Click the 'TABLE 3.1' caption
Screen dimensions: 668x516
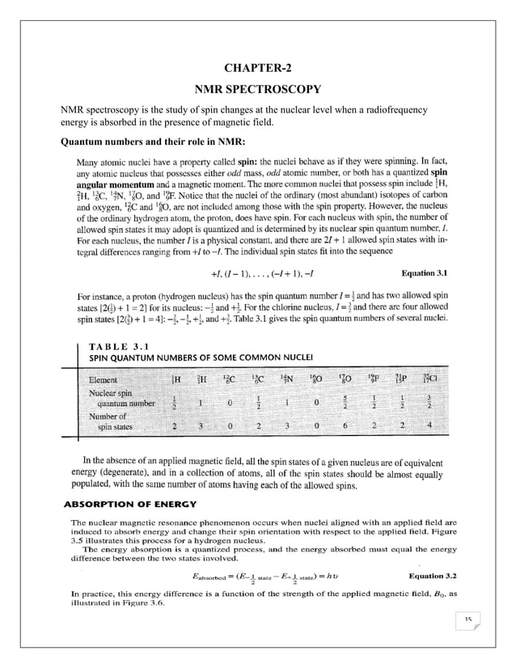click(x=120, y=346)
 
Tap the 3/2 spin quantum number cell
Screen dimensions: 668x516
click(x=429, y=402)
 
